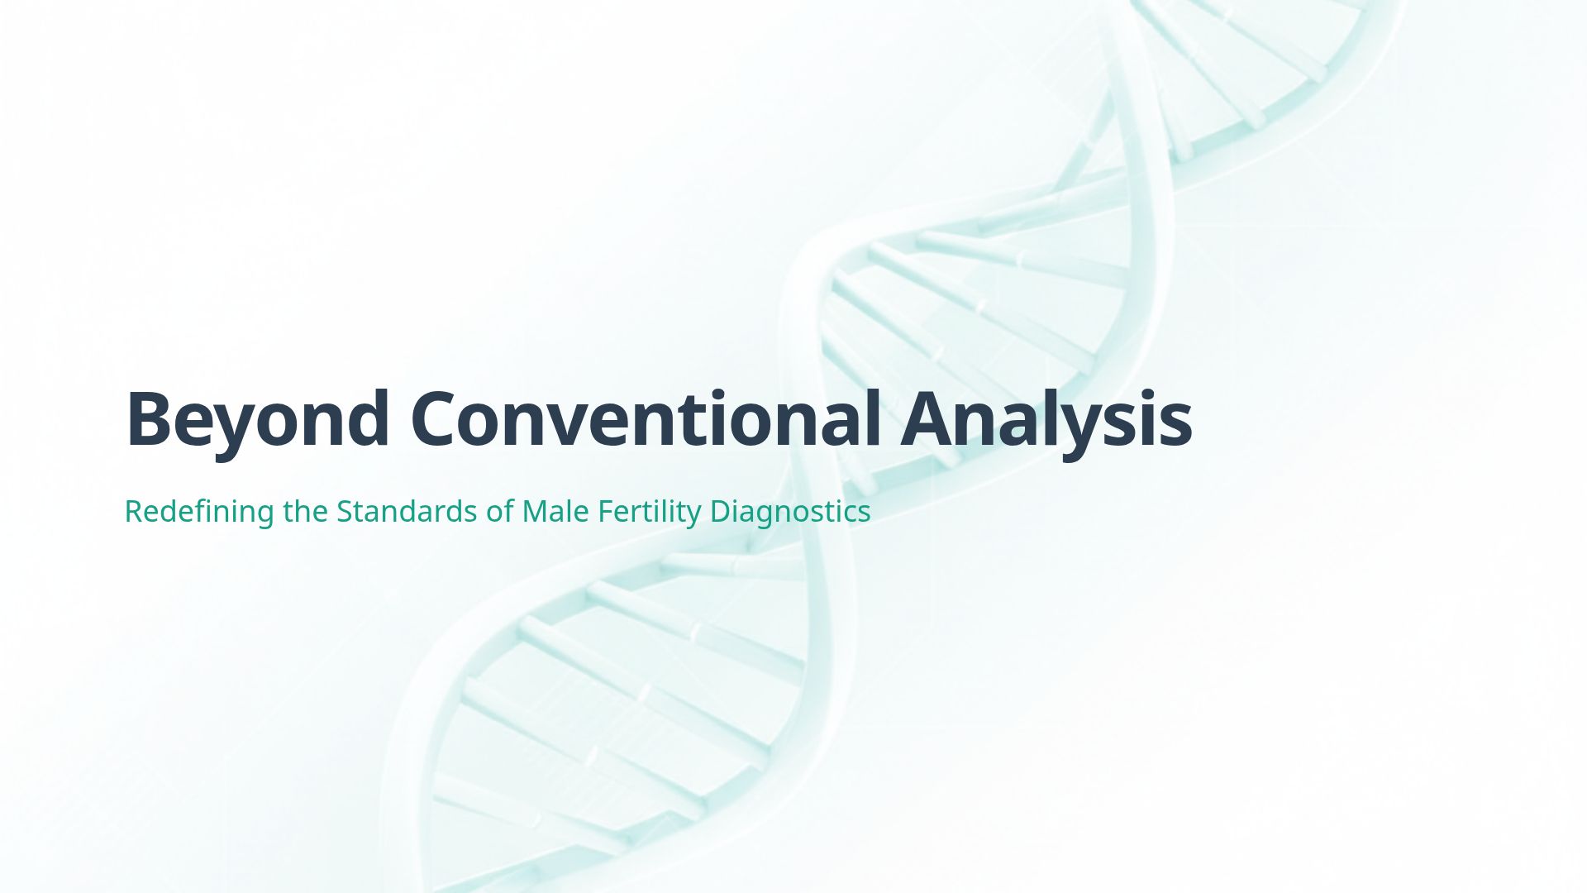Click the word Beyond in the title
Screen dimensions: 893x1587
(x=257, y=418)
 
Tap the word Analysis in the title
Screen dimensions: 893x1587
(x=1046, y=418)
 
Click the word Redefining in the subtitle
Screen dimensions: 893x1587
(x=198, y=512)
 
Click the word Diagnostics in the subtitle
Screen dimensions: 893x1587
(x=790, y=512)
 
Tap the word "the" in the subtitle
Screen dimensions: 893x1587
(x=306, y=512)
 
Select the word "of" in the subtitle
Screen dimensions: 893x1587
(x=500, y=512)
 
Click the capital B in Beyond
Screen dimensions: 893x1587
(x=150, y=418)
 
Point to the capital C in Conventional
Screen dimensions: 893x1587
(x=439, y=418)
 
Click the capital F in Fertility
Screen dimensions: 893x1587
(x=605, y=512)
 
